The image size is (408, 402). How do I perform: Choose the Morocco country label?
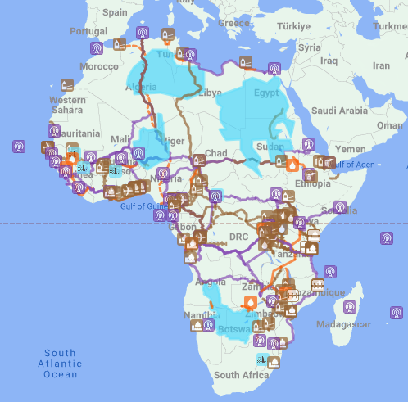99,65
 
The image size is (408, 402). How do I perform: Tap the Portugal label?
88,31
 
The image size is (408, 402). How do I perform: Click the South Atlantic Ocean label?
61,364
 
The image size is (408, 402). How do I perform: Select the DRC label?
238,236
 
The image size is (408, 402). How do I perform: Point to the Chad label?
215,153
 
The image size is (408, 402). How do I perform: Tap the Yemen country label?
350,150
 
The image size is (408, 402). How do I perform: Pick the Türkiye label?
292,26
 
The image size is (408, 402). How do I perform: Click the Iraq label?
329,61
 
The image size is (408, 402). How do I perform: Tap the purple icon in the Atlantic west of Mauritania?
18,147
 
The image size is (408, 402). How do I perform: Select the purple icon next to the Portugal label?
96,47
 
